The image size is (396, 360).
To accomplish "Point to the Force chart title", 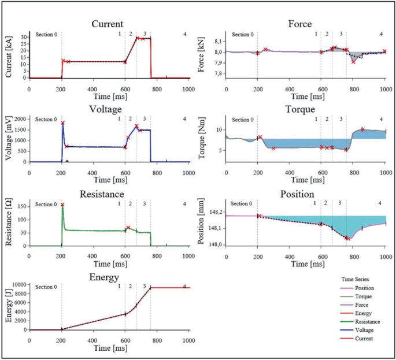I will [300, 24].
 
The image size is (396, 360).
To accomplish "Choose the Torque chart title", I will [300, 108].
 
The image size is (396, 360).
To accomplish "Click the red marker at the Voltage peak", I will [62, 123].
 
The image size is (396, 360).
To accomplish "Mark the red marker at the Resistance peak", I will [62, 205].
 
